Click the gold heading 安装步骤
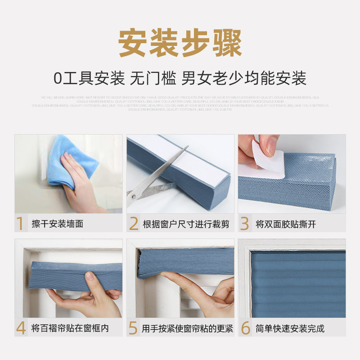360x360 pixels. click(180, 44)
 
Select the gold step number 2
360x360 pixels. click(133, 224)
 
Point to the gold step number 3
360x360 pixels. click(244, 224)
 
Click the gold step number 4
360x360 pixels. click(21, 328)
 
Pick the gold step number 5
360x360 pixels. click(133, 328)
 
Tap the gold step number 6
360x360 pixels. click(245, 328)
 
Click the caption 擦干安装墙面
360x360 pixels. click(57, 224)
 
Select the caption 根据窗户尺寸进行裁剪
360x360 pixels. click(186, 224)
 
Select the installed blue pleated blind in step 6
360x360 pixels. click(297, 283)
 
